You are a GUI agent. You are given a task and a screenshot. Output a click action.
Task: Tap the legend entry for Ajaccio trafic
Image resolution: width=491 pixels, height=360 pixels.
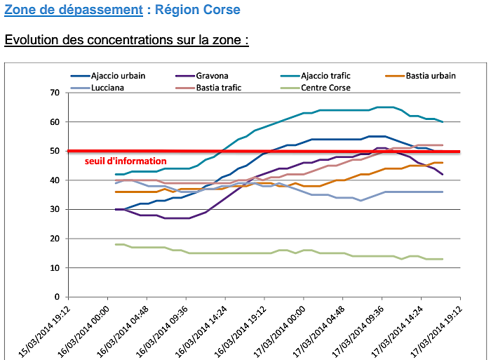tap(325, 76)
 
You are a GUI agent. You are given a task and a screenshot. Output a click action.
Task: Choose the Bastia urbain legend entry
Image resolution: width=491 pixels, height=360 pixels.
tap(430, 76)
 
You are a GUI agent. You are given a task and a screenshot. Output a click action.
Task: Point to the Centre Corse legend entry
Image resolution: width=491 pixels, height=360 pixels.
tap(325, 88)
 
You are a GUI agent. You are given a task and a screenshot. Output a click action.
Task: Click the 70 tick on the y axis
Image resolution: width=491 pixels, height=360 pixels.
tap(54, 93)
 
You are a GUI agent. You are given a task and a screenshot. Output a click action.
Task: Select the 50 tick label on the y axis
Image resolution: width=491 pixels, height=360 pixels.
tap(54, 151)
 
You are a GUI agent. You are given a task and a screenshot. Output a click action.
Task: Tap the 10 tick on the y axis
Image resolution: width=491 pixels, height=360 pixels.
tap(54, 268)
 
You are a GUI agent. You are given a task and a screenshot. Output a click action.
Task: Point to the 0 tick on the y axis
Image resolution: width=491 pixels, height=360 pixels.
tap(56, 297)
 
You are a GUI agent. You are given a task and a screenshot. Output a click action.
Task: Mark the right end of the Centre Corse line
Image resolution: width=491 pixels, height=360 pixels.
tap(442, 259)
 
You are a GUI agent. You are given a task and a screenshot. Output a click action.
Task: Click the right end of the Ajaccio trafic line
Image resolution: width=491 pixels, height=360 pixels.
tap(442, 122)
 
